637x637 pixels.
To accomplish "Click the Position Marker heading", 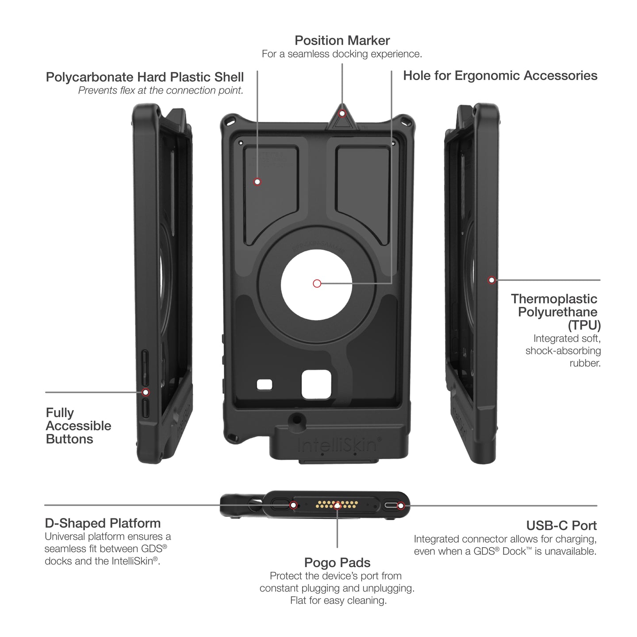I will pyautogui.click(x=342, y=41).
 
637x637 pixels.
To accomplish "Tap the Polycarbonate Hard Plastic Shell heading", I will pyautogui.click(x=145, y=77).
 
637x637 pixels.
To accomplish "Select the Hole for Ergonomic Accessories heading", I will pyautogui.click(x=500, y=76).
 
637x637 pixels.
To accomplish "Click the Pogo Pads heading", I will pyautogui.click(x=337, y=563).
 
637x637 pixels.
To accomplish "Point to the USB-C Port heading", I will pyautogui.click(x=561, y=526).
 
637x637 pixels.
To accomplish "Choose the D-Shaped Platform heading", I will pyautogui.click(x=103, y=523).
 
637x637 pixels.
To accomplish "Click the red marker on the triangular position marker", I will pyautogui.click(x=342, y=114).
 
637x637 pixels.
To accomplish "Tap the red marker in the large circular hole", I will pyautogui.click(x=317, y=284).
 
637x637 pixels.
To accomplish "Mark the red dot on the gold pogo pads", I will pyautogui.click(x=337, y=505).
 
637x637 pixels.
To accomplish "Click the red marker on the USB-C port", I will pyautogui.click(x=401, y=506).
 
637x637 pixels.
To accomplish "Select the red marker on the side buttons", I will pyautogui.click(x=146, y=392).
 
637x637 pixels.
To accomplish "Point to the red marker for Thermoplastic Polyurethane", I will pyautogui.click(x=491, y=280).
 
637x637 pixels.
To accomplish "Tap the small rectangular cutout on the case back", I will pyautogui.click(x=265, y=384).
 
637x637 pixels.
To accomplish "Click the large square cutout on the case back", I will pyautogui.click(x=316, y=384).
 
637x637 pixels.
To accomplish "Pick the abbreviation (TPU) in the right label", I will pyautogui.click(x=584, y=326).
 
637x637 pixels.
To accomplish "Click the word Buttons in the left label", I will pyautogui.click(x=69, y=439).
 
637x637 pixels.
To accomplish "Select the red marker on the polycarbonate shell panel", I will pyautogui.click(x=257, y=182).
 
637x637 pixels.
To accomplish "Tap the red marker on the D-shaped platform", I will pyautogui.click(x=293, y=505).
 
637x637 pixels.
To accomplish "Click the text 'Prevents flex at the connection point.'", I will pyautogui.click(x=161, y=91).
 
